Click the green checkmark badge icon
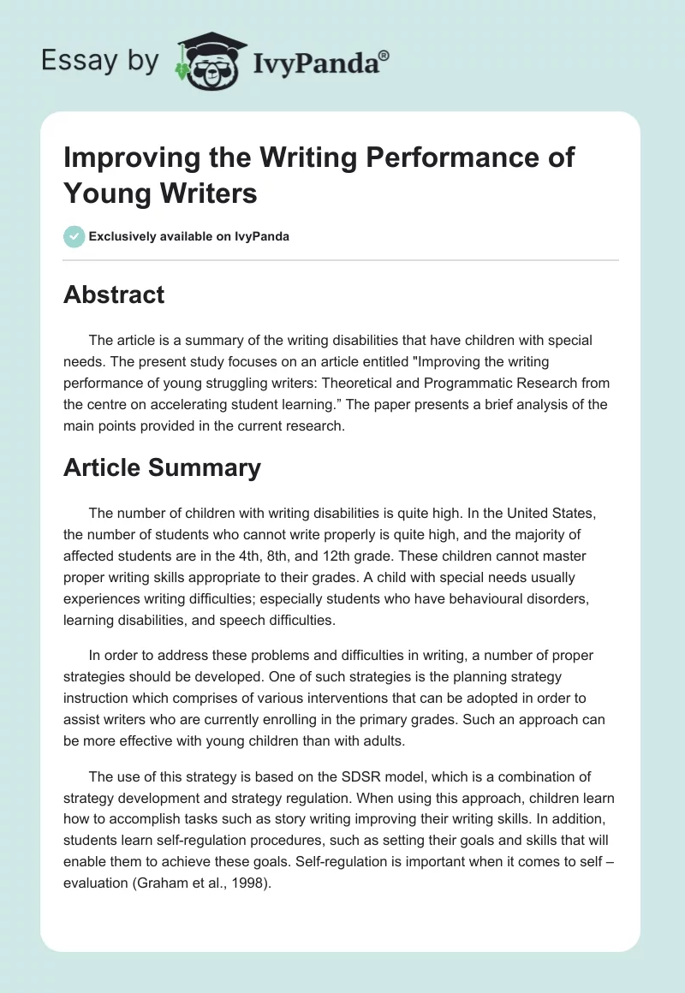[74, 236]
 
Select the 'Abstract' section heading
[114, 294]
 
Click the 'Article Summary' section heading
[162, 467]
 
